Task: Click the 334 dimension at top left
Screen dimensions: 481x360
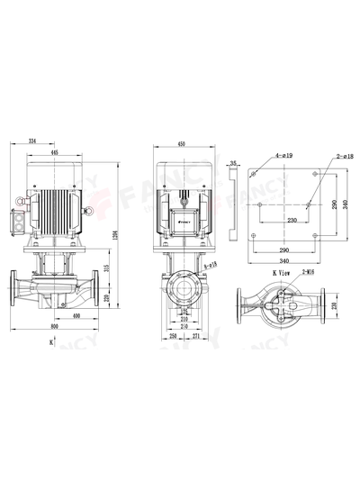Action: [x=33, y=141]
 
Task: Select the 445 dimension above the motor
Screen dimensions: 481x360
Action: [x=55, y=154]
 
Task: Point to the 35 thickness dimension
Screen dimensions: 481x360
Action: [x=233, y=162]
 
